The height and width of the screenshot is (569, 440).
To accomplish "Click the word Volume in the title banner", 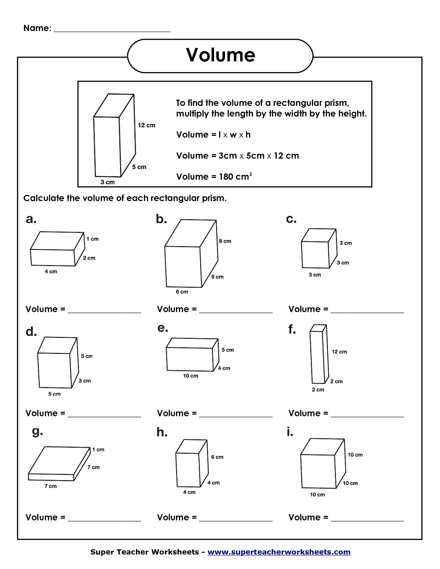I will pos(221,55).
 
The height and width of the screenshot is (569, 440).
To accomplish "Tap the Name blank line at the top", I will pos(112,28).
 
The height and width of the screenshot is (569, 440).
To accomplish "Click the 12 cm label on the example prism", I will pos(147,125).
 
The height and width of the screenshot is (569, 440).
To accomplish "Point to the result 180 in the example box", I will pos(226,177).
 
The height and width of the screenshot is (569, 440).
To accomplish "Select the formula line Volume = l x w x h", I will pos(213,135).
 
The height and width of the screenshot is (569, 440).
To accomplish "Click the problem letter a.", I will pos(31,219).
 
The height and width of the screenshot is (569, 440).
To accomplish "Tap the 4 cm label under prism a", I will pos(51,272).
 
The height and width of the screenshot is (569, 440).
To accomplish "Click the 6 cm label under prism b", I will pos(182,292).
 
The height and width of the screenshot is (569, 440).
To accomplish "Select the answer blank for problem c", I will pos(367,309).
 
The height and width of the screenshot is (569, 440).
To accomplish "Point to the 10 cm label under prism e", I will pos(190,376).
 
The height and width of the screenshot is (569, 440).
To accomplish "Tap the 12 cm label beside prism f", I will pos(339,352).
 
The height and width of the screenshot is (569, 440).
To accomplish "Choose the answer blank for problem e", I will pos(236,413).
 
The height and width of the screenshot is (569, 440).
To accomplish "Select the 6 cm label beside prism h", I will pos(217,457).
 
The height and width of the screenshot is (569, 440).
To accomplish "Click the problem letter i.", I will pos(290,432).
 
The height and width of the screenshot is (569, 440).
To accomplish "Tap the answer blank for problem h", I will pos(236,518).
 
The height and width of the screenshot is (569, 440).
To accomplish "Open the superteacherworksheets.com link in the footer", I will pos(279,552).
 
